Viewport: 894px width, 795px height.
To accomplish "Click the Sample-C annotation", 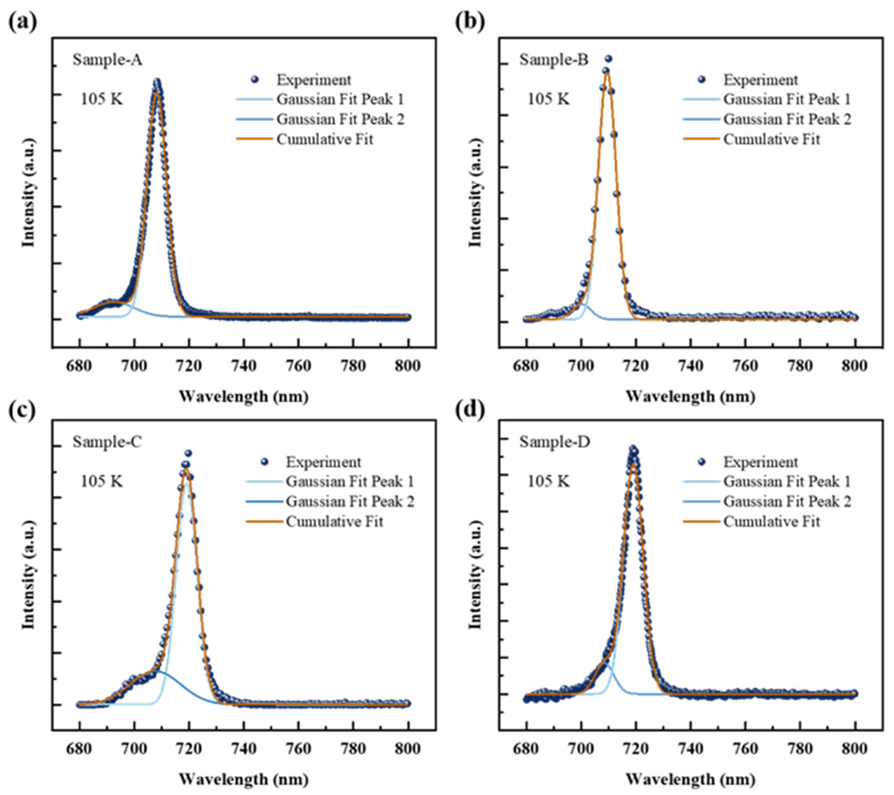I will click(107, 442).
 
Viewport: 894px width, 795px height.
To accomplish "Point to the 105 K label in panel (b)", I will click(548, 99).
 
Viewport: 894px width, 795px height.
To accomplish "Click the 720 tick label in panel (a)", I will click(189, 366).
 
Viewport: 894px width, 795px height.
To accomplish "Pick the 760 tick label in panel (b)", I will click(745, 366).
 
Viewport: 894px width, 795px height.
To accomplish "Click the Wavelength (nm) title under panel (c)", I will click(244, 779).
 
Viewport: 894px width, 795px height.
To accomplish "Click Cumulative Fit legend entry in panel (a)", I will click(324, 140).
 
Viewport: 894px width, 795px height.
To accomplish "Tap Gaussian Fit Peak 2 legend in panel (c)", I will click(350, 501).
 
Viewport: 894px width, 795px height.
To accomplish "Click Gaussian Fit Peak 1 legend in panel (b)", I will click(787, 99).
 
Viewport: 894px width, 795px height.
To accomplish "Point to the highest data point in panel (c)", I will click(188, 453).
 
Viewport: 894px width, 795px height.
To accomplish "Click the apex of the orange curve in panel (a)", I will click(157, 93).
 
